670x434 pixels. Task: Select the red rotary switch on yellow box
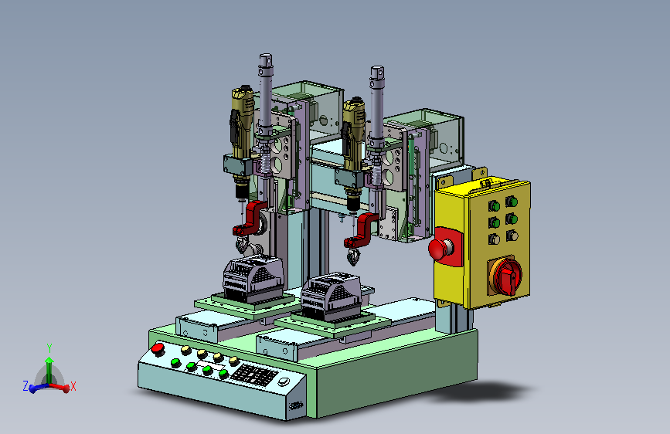pyautogui.click(x=507, y=275)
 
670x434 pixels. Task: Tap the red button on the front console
pyautogui.click(x=158, y=348)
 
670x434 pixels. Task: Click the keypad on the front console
pyautogui.click(x=253, y=375)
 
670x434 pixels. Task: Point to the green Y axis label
pyautogui.click(x=49, y=348)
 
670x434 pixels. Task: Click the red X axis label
pyautogui.click(x=73, y=387)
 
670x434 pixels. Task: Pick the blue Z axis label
pyautogui.click(x=26, y=387)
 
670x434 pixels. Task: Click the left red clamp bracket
pyautogui.click(x=250, y=218)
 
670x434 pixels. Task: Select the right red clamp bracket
pyautogui.click(x=362, y=230)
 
